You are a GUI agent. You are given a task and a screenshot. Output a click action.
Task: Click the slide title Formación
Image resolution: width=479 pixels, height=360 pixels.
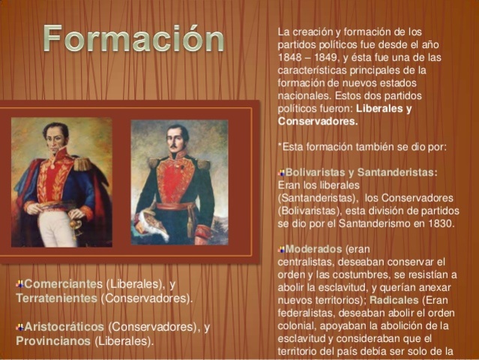coord(133,39)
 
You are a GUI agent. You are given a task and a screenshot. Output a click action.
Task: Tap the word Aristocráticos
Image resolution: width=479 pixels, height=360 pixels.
coord(64,327)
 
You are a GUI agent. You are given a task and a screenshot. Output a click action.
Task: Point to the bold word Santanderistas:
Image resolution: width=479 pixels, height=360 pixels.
coord(397,172)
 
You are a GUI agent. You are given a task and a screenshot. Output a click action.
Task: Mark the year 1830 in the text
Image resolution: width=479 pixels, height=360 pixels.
coord(439,223)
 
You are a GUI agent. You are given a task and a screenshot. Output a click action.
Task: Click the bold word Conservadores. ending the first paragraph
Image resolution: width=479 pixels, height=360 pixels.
coord(318,121)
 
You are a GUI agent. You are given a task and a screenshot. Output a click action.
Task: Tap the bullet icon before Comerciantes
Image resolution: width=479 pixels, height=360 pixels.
coord(19,284)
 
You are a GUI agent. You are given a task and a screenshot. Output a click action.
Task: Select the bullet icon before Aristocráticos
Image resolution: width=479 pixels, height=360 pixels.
coord(19,327)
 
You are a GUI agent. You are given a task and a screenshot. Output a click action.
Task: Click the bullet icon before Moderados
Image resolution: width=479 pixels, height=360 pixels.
coord(281,249)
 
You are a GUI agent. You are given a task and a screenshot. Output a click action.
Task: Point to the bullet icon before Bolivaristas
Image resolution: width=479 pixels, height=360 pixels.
coord(281,172)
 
